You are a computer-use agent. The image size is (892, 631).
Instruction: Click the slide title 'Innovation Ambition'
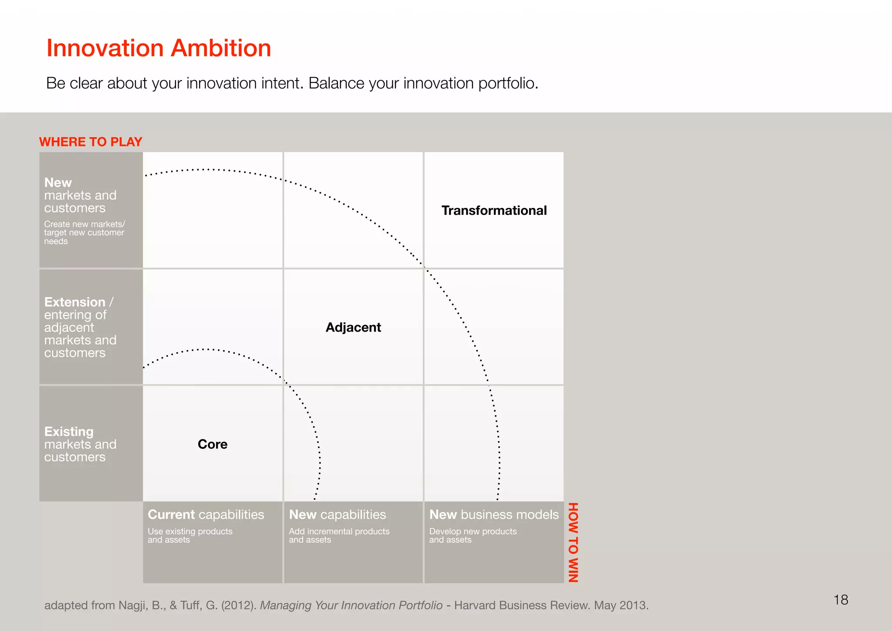coord(159,48)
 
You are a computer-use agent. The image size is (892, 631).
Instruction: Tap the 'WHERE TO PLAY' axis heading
coord(91,142)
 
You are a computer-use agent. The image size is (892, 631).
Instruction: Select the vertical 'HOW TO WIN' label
coord(573,542)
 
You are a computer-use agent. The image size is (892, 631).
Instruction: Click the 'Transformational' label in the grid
coord(494,210)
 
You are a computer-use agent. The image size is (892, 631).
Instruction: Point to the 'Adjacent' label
coord(353,327)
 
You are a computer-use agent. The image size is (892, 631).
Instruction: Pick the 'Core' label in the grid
coord(213,444)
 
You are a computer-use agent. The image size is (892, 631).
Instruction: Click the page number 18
coord(841,600)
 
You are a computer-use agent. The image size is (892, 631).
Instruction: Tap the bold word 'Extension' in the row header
coord(75,302)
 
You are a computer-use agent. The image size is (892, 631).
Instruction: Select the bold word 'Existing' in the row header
coord(69,431)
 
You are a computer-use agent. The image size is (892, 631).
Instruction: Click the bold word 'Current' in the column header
coord(171,515)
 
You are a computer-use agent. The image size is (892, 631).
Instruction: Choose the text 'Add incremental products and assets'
coord(339,536)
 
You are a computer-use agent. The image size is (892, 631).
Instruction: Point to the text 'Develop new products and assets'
coord(473,536)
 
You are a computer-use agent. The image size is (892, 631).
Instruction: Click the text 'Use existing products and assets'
coord(190,536)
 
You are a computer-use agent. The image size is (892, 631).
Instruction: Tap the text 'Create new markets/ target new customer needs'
coord(84,232)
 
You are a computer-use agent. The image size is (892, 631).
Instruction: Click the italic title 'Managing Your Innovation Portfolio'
coord(351,605)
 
